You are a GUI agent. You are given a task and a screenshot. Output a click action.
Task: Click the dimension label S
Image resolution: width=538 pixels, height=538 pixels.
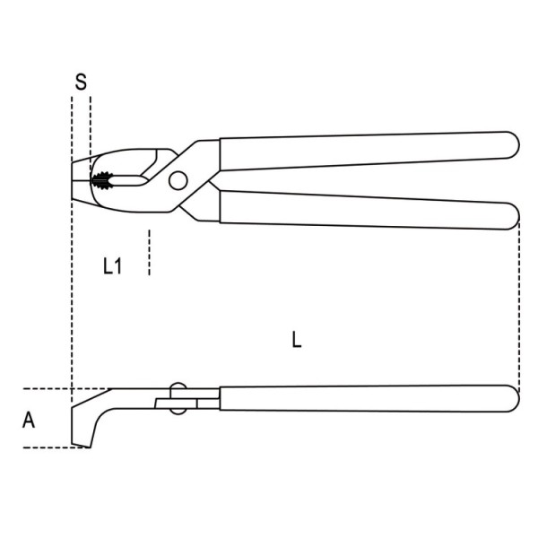(x=81, y=82)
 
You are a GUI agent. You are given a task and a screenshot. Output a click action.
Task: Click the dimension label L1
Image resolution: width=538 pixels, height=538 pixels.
(x=113, y=266)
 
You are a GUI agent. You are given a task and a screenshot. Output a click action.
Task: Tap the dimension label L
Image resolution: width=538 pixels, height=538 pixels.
(x=297, y=339)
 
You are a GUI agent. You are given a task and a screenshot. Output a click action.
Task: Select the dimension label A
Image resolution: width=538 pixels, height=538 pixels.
(x=29, y=420)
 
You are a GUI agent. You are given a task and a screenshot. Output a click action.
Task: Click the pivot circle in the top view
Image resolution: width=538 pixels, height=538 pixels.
(x=178, y=180)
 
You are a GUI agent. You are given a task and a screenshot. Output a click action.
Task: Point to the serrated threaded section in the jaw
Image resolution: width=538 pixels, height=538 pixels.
(x=102, y=180)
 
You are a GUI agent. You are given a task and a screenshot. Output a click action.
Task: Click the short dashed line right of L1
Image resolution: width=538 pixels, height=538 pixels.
(x=149, y=252)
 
